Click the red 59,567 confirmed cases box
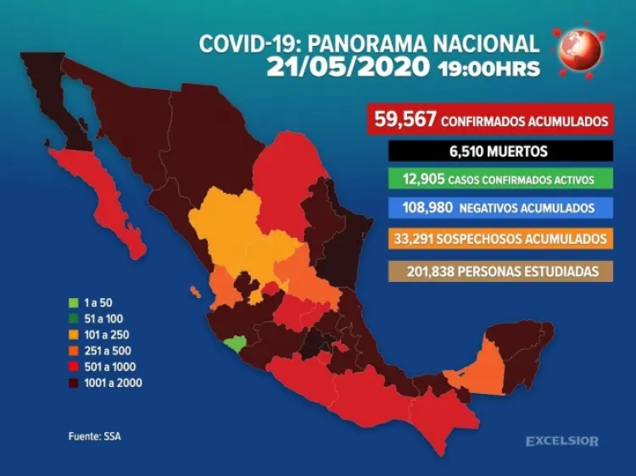pyautogui.click(x=490, y=120)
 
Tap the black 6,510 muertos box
pyautogui.click(x=490, y=152)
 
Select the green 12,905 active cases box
pyautogui.click(x=490, y=180)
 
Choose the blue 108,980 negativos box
pyautogui.click(x=490, y=208)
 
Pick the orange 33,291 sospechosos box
pyautogui.click(x=490, y=239)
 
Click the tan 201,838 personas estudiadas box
pyautogui.click(x=490, y=272)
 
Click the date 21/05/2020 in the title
pyautogui.click(x=349, y=68)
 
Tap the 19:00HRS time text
pyautogui.click(x=488, y=69)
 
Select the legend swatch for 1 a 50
pyautogui.click(x=74, y=302)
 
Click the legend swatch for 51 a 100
pyautogui.click(x=74, y=318)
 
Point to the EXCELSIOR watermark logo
pyautogui.click(x=561, y=441)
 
